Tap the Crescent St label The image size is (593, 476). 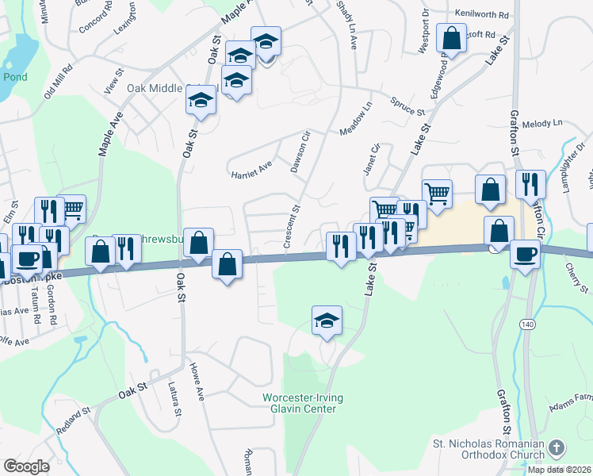pyautogui.click(x=293, y=227)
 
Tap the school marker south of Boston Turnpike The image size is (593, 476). pyautogui.click(x=327, y=320)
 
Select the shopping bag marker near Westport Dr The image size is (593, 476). pyautogui.click(x=451, y=37)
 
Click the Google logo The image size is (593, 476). pyautogui.click(x=27, y=466)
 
